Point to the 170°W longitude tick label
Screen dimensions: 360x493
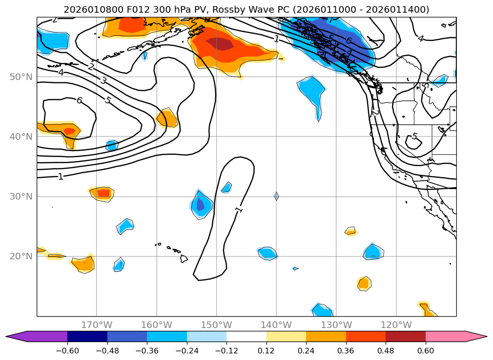[97, 325]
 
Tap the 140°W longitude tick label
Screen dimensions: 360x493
[276, 325]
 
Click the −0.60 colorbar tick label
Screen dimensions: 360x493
[67, 350]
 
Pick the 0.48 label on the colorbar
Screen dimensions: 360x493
[386, 350]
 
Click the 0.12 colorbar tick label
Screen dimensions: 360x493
[267, 350]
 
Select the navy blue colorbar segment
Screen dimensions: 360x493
[87, 336]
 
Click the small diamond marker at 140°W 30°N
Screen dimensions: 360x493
[276, 196]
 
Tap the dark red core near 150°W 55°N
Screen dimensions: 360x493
[219, 44]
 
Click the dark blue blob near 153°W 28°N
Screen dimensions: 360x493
[200, 205]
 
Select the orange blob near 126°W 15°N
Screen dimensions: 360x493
[363, 283]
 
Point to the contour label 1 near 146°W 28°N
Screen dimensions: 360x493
[239, 209]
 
